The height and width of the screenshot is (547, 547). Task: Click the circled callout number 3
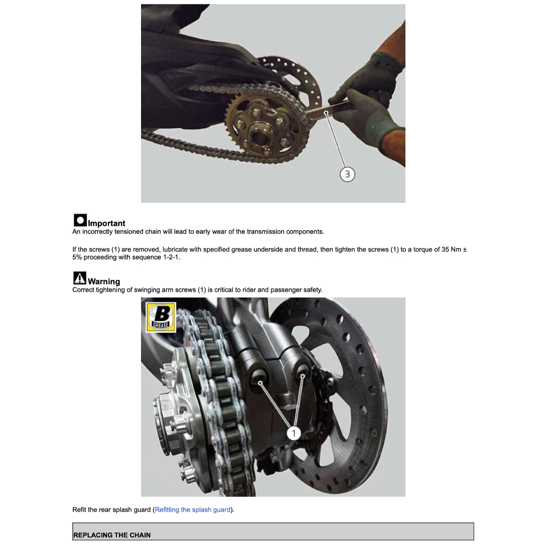click(347, 174)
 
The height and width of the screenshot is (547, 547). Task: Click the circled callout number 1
click(293, 433)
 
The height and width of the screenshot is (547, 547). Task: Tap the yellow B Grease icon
click(161, 317)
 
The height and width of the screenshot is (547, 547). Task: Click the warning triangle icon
click(80, 278)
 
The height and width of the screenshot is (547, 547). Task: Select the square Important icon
click(80, 220)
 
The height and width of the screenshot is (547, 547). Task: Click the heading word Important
click(106, 223)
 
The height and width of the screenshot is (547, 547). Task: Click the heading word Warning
click(104, 282)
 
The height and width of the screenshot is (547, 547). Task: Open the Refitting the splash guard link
click(192, 510)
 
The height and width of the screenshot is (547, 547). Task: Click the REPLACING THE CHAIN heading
click(112, 535)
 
